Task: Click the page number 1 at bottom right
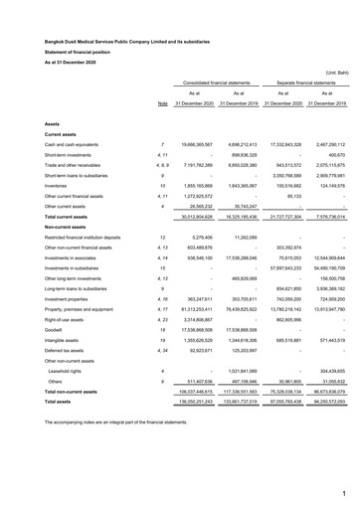(343, 492)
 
